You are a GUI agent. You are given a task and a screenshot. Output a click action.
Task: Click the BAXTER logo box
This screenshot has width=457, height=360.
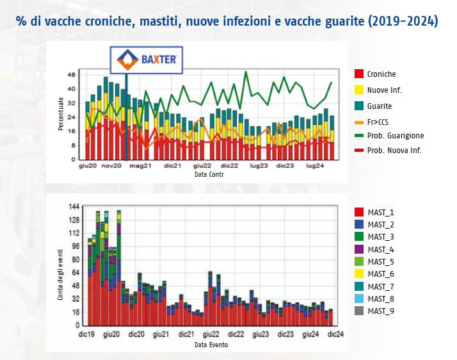[x=147, y=60]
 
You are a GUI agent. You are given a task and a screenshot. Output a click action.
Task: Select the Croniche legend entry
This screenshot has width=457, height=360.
[x=375, y=74]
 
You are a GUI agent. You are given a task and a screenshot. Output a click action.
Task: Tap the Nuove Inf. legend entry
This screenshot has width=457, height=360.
[x=378, y=90]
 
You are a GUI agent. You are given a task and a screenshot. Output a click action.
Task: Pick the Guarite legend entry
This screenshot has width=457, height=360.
[x=373, y=106]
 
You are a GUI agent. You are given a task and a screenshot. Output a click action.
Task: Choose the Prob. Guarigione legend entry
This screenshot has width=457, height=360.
[x=389, y=136]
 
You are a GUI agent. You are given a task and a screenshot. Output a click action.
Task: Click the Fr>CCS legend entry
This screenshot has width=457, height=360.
[x=372, y=122]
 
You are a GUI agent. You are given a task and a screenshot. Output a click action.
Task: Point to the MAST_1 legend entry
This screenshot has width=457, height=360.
[x=374, y=213]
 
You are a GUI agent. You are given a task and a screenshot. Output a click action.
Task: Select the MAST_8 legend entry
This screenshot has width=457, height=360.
[x=374, y=299]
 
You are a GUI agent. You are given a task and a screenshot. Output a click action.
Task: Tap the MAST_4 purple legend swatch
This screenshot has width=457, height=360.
[x=359, y=249]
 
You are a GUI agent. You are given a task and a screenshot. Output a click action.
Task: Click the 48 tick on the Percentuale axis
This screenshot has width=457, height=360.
[x=72, y=75]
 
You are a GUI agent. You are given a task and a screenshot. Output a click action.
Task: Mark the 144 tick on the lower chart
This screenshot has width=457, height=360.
[x=74, y=207]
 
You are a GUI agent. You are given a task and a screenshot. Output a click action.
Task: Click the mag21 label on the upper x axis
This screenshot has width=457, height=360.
[x=140, y=166]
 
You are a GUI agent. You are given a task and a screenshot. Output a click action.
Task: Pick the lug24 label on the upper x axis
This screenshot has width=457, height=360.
[x=315, y=166]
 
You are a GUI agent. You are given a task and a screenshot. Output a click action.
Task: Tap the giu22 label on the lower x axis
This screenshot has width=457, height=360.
[x=211, y=334]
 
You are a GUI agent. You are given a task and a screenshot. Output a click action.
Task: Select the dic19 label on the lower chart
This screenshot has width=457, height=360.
[x=86, y=334]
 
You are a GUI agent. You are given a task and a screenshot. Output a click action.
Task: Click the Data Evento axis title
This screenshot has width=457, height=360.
[x=211, y=345]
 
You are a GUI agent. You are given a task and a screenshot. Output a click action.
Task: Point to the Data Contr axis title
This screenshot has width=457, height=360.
[x=209, y=174]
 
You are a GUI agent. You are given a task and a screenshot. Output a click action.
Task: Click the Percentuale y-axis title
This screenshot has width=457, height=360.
[x=61, y=114]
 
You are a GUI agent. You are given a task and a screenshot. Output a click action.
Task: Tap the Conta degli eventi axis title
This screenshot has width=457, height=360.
[x=60, y=275]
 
